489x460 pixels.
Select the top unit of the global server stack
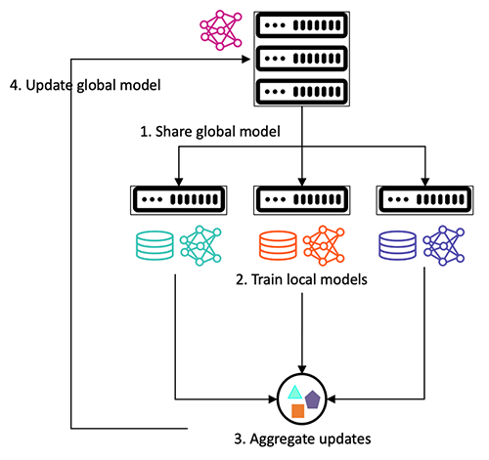tap(301, 25)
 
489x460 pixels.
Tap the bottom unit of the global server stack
tap(301, 94)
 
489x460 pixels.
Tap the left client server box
tap(177, 200)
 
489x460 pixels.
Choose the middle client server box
tap(301, 200)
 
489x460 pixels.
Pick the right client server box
tap(425, 200)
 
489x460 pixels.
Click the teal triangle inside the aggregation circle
tap(292, 392)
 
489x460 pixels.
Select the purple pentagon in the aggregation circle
tap(313, 398)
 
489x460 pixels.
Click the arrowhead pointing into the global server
tap(245, 60)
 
